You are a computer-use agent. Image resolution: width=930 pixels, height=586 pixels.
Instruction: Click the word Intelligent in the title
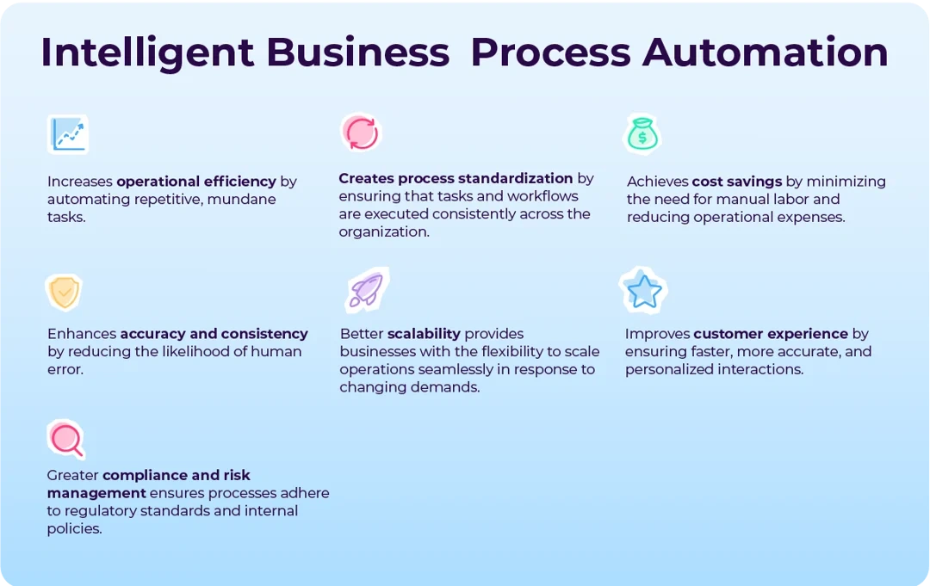[147, 52]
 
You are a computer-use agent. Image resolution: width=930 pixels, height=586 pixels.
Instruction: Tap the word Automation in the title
[766, 52]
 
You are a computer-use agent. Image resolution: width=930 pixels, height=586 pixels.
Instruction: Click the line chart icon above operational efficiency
[67, 134]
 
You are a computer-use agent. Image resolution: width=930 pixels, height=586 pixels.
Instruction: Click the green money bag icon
[642, 135]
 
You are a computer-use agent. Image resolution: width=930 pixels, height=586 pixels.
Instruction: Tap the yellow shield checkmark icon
[64, 293]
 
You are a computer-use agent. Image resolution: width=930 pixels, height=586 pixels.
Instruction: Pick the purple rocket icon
[366, 290]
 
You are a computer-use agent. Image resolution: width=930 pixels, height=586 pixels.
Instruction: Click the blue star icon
[644, 291]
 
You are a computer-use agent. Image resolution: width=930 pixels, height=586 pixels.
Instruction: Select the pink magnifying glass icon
[66, 439]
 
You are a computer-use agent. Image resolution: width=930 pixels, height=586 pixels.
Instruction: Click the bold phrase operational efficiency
[196, 182]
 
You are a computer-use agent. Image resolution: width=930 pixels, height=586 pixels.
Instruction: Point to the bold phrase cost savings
[737, 182]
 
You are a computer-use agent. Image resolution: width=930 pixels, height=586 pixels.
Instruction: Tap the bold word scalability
[424, 334]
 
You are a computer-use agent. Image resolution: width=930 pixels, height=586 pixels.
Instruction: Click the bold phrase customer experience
[771, 334]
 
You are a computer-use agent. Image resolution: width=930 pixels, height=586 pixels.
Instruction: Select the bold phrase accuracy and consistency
[214, 334]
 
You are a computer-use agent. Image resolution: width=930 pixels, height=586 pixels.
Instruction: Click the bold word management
[96, 493]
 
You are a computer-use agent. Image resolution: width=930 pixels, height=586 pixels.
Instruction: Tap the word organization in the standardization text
[382, 232]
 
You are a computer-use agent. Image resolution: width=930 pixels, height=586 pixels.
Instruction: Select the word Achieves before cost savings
[657, 182]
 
